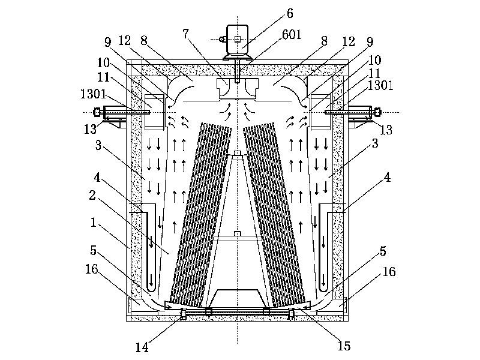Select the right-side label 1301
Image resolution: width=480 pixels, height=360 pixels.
point(381,85)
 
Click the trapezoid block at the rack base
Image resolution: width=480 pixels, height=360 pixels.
point(238,298)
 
